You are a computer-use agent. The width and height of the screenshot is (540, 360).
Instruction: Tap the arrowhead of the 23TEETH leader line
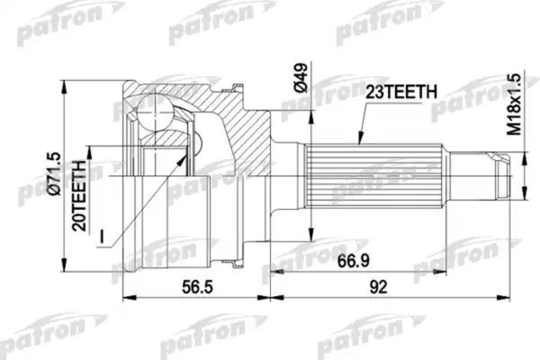tap(358, 145)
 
